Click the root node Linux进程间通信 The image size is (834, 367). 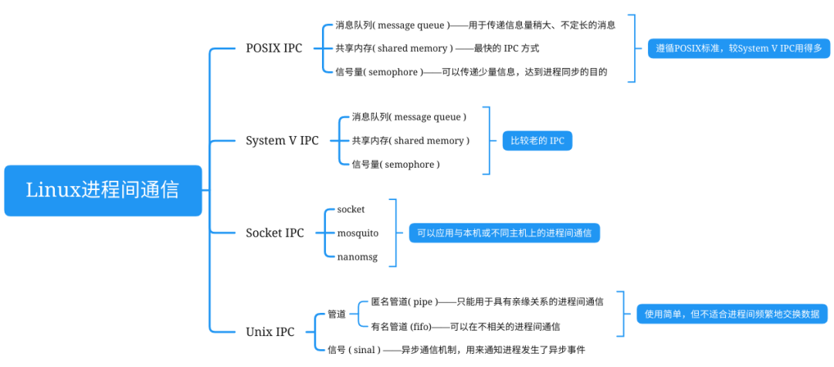[103, 190]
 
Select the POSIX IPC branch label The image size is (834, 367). [274, 48]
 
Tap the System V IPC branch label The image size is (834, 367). [282, 141]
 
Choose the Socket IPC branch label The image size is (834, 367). [275, 233]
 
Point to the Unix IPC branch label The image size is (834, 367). [270, 332]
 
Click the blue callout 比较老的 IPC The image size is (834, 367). [537, 141]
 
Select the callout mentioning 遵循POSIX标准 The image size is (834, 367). [734, 49]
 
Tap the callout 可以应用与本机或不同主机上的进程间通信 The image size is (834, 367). [504, 233]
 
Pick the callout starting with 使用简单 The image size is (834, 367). [731, 314]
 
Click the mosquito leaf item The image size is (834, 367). [358, 233]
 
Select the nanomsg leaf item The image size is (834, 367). [358, 257]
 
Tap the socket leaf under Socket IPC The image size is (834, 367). [351, 209]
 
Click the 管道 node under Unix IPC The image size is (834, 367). [337, 314]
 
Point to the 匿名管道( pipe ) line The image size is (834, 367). [486, 301]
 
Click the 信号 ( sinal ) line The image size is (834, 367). [456, 350]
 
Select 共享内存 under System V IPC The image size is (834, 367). [410, 141]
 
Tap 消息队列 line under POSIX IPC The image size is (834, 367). [475, 25]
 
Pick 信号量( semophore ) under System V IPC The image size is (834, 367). [395, 165]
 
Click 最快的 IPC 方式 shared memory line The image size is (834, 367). [436, 48]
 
